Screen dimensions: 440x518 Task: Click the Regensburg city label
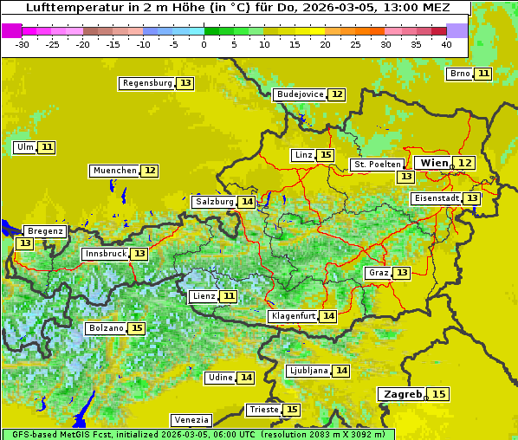coord(147,83)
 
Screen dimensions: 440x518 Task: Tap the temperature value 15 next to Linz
coord(325,155)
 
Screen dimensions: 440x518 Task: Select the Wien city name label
coord(435,163)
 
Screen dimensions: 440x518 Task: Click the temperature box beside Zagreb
coord(439,394)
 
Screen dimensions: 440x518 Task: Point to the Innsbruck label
coord(105,254)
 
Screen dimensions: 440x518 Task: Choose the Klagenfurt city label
coord(292,316)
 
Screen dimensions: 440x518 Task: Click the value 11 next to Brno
coord(482,74)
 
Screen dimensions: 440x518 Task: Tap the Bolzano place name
coord(106,329)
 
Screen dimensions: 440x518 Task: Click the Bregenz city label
coord(45,231)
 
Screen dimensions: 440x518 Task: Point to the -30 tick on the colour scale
coord(23,44)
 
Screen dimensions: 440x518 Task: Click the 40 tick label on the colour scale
coord(445,44)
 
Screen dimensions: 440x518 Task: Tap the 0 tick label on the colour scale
coord(204,44)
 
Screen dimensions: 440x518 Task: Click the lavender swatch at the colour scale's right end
coord(456,30)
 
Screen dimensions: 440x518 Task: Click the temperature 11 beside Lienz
coord(228,296)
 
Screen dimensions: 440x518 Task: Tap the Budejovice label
coord(300,94)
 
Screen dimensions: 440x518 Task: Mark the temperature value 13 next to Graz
coord(401,273)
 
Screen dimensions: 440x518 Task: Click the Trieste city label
coord(263,410)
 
